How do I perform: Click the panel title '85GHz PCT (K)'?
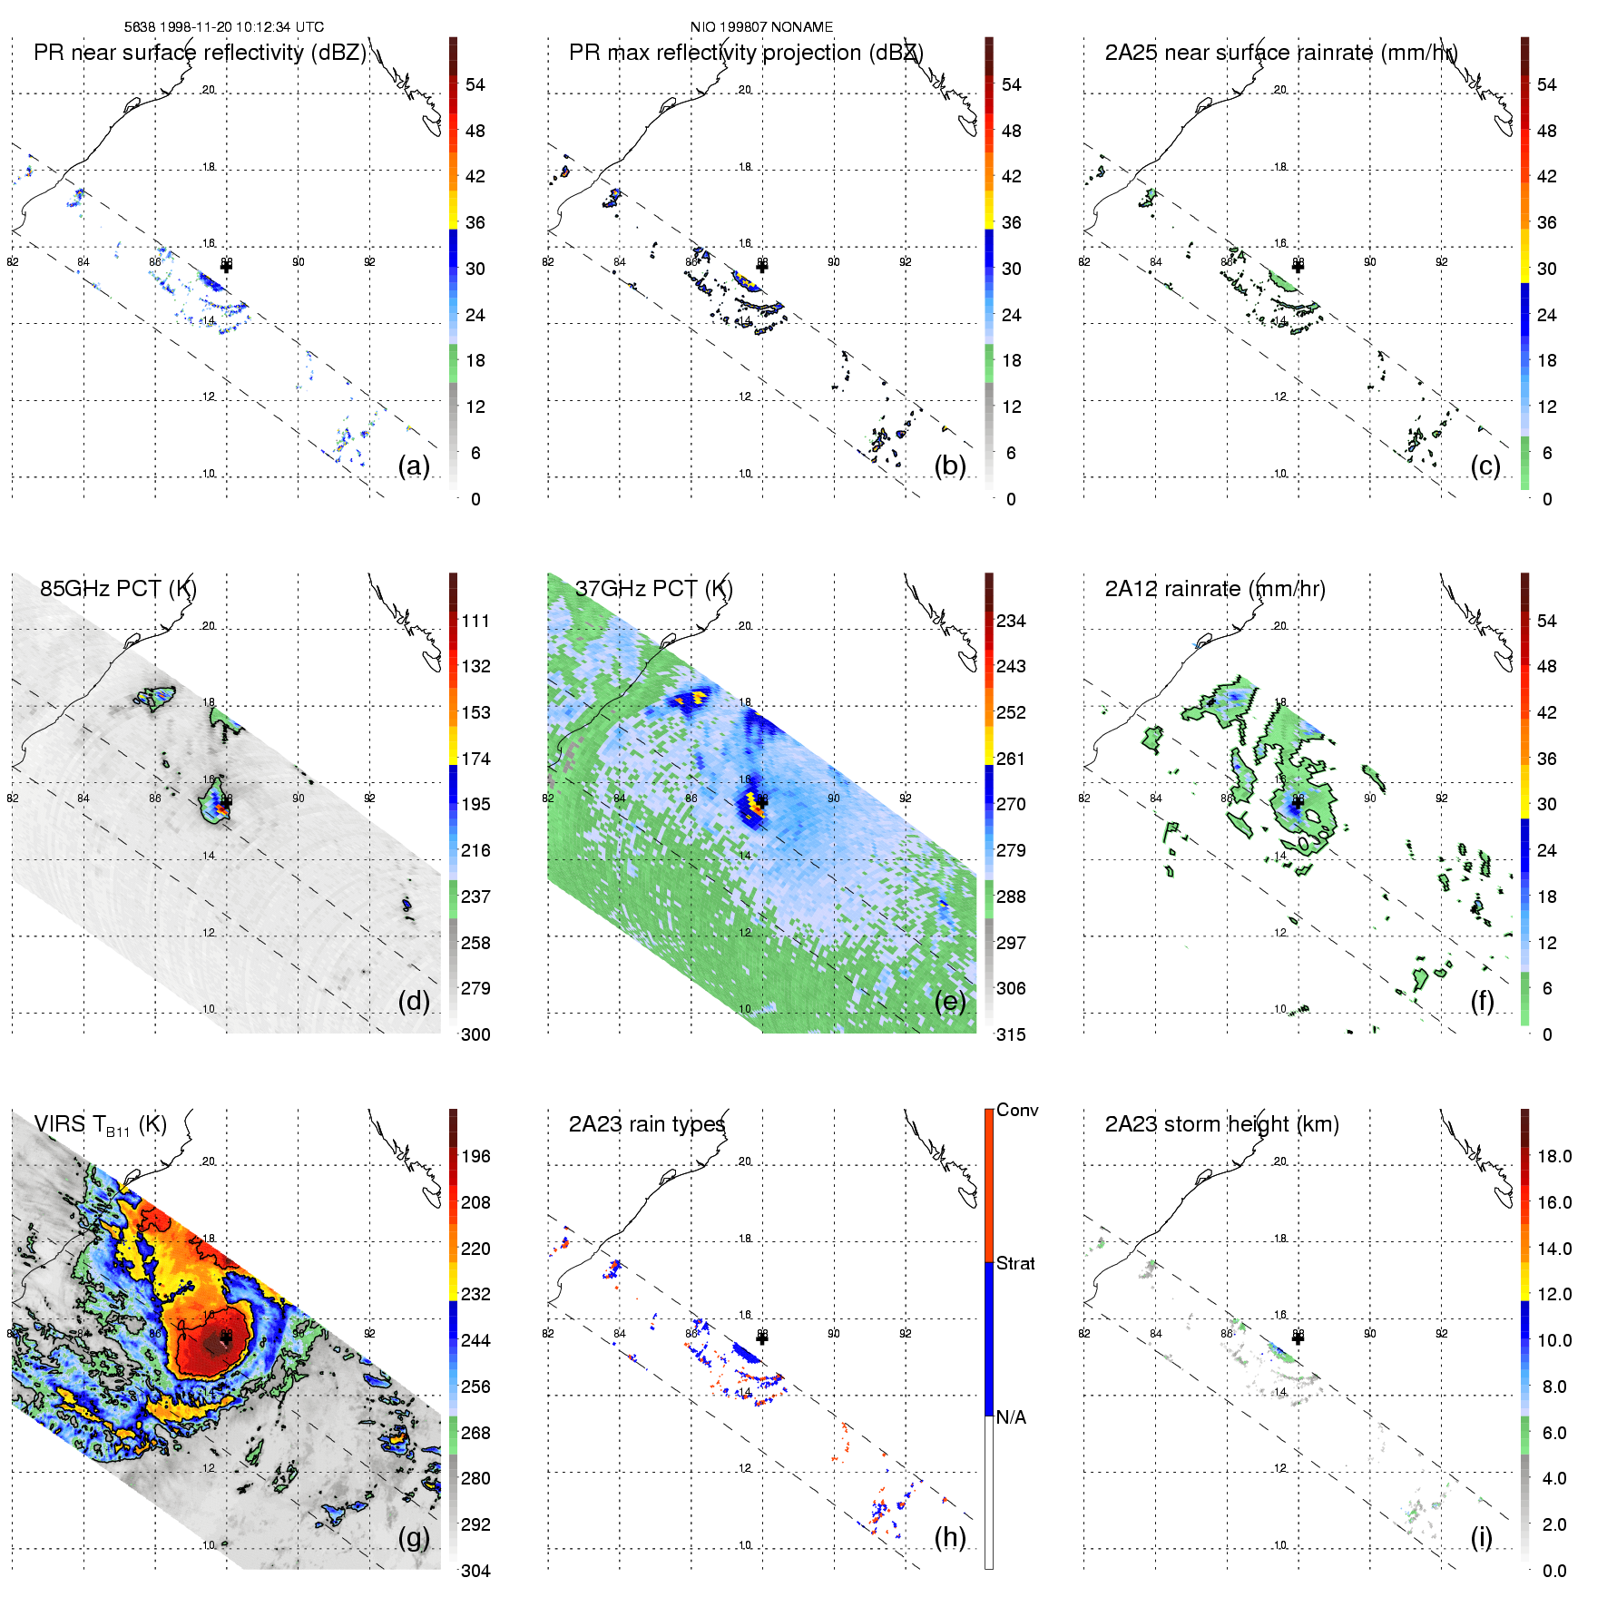(x=118, y=589)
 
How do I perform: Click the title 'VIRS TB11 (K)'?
(x=100, y=1125)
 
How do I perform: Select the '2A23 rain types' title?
(x=647, y=1124)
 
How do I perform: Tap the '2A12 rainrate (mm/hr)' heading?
(x=1215, y=589)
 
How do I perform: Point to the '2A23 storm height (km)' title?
(x=1221, y=1124)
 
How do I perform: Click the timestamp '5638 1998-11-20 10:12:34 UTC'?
(x=224, y=27)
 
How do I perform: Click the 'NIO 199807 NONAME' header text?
(x=761, y=27)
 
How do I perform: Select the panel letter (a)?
(x=414, y=465)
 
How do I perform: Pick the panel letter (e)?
(x=950, y=1001)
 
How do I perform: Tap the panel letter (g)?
(x=414, y=1537)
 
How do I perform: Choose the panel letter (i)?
(x=1481, y=1537)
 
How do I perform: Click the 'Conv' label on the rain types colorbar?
(x=1017, y=1111)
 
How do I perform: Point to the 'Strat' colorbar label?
(x=1015, y=1264)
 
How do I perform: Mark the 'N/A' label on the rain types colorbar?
(x=1011, y=1417)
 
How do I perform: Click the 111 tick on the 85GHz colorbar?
(x=475, y=622)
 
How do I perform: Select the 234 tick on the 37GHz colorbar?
(x=1011, y=622)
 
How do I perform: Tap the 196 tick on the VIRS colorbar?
(x=475, y=1157)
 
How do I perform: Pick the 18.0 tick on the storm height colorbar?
(x=1553, y=1157)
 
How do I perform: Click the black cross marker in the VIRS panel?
(x=226, y=1338)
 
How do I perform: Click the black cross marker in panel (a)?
(x=226, y=266)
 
